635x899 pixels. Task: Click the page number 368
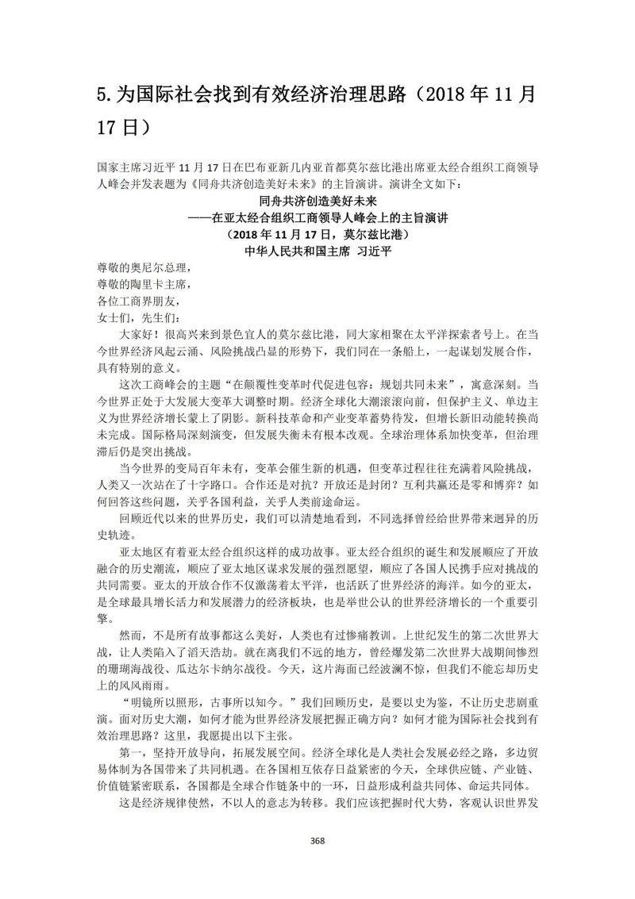[x=317, y=840]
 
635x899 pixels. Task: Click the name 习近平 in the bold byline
[x=367, y=251]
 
